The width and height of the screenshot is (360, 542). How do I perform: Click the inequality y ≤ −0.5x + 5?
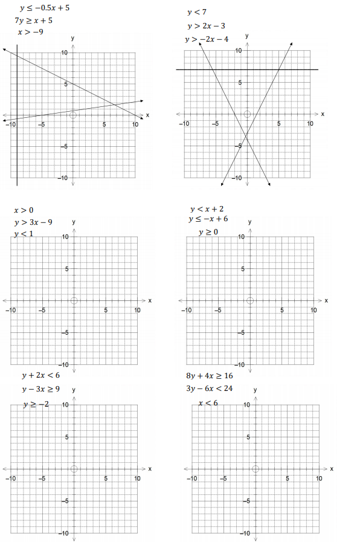pos(45,8)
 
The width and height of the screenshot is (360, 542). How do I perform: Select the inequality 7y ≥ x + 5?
pos(34,20)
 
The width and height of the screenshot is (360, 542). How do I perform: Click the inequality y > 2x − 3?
pos(206,26)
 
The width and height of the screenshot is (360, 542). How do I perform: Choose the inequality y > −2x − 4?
pos(207,39)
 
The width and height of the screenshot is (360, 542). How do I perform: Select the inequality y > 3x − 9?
pos(33,222)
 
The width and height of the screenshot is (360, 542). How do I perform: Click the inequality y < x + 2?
pos(207,208)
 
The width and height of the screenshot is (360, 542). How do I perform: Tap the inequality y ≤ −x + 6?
pos(208,219)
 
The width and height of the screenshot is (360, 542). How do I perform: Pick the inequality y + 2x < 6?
pos(41,375)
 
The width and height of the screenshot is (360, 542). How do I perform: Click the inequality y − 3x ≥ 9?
pos(40,389)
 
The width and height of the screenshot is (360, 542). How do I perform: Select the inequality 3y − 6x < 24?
pos(210,389)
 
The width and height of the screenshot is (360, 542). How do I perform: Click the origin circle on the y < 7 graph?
pos(247,114)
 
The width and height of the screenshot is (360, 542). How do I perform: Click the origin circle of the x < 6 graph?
pos(256,468)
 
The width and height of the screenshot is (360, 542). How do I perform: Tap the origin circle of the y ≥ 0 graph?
pos(249,300)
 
